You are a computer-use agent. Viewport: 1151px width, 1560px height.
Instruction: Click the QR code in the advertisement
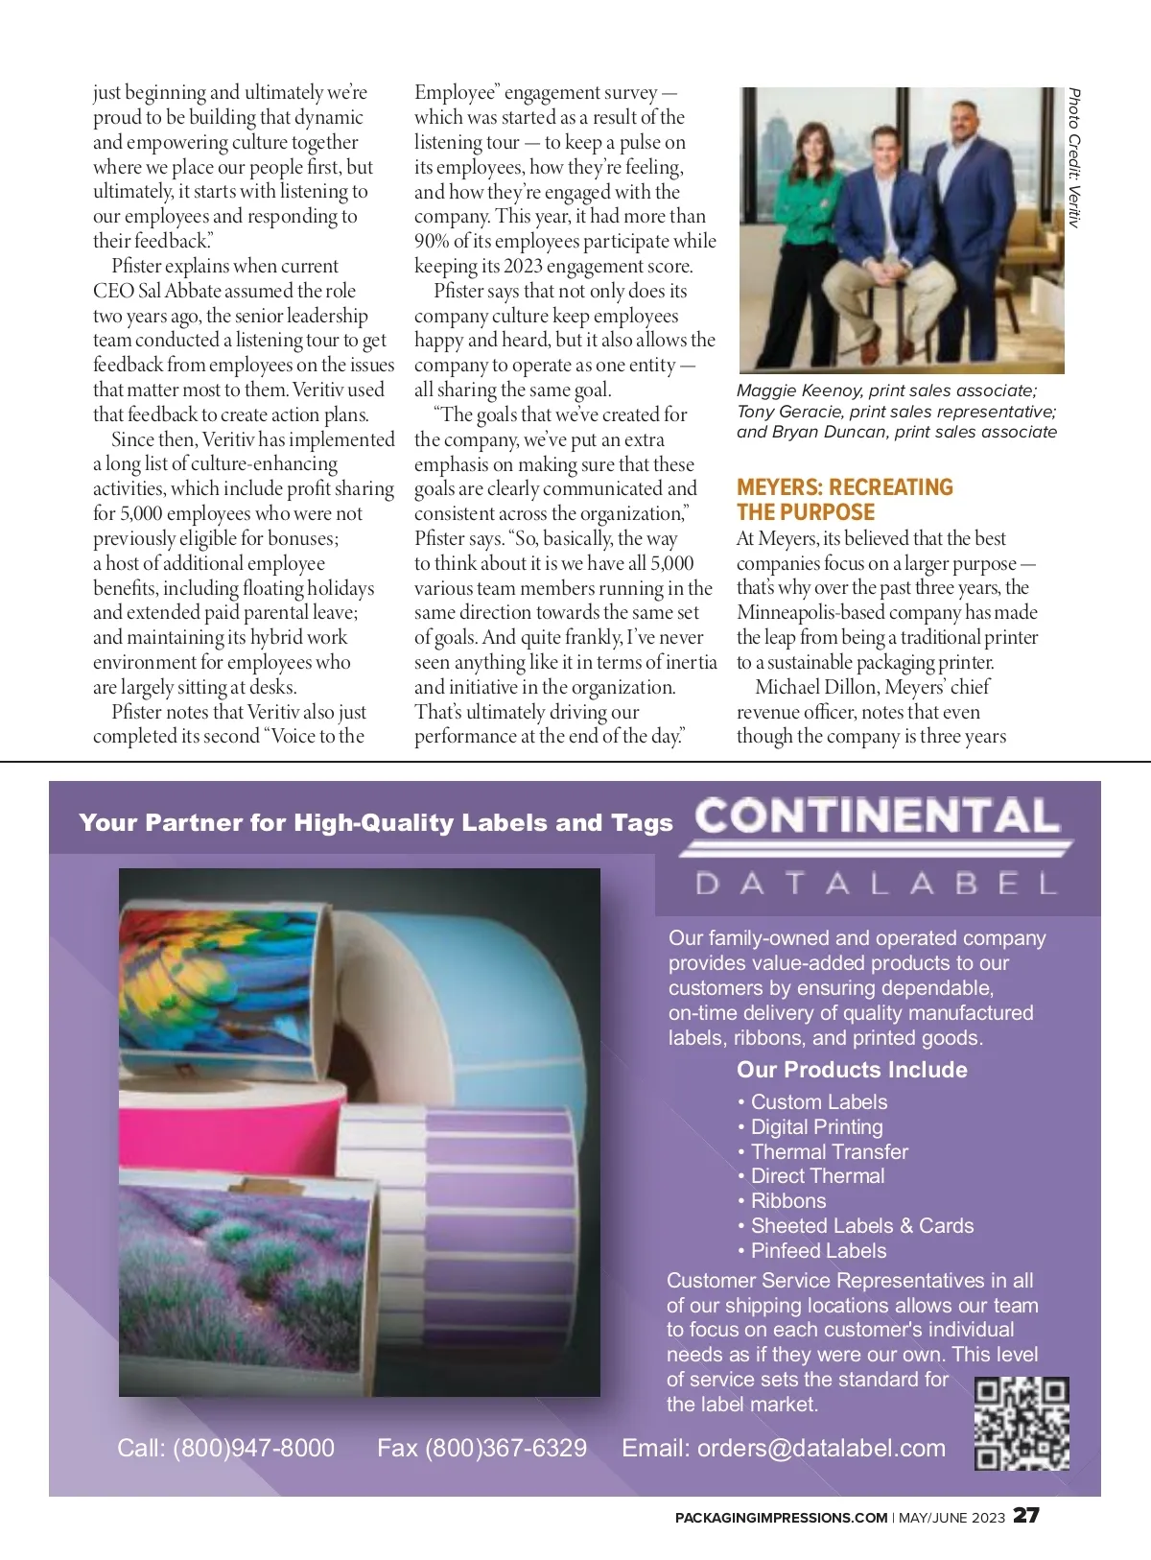coord(1022,1424)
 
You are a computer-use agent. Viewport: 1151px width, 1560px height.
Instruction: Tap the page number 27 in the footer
coord(1026,1516)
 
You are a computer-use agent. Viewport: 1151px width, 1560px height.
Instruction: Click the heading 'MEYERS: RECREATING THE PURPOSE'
coord(844,500)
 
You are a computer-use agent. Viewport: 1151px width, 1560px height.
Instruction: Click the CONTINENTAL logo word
coord(878,816)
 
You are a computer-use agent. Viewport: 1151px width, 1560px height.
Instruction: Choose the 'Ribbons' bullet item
coord(787,1201)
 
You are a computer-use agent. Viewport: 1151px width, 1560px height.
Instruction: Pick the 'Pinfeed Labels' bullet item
coord(818,1251)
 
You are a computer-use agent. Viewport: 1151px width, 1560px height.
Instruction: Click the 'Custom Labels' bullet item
coord(818,1102)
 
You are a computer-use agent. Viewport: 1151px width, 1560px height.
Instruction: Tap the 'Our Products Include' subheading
coord(852,1070)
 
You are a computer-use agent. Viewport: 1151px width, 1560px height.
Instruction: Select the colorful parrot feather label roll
coord(221,979)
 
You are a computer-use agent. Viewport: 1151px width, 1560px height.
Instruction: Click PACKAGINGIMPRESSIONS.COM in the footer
coord(781,1518)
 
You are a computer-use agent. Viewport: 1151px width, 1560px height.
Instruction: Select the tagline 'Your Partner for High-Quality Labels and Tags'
coord(376,823)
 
